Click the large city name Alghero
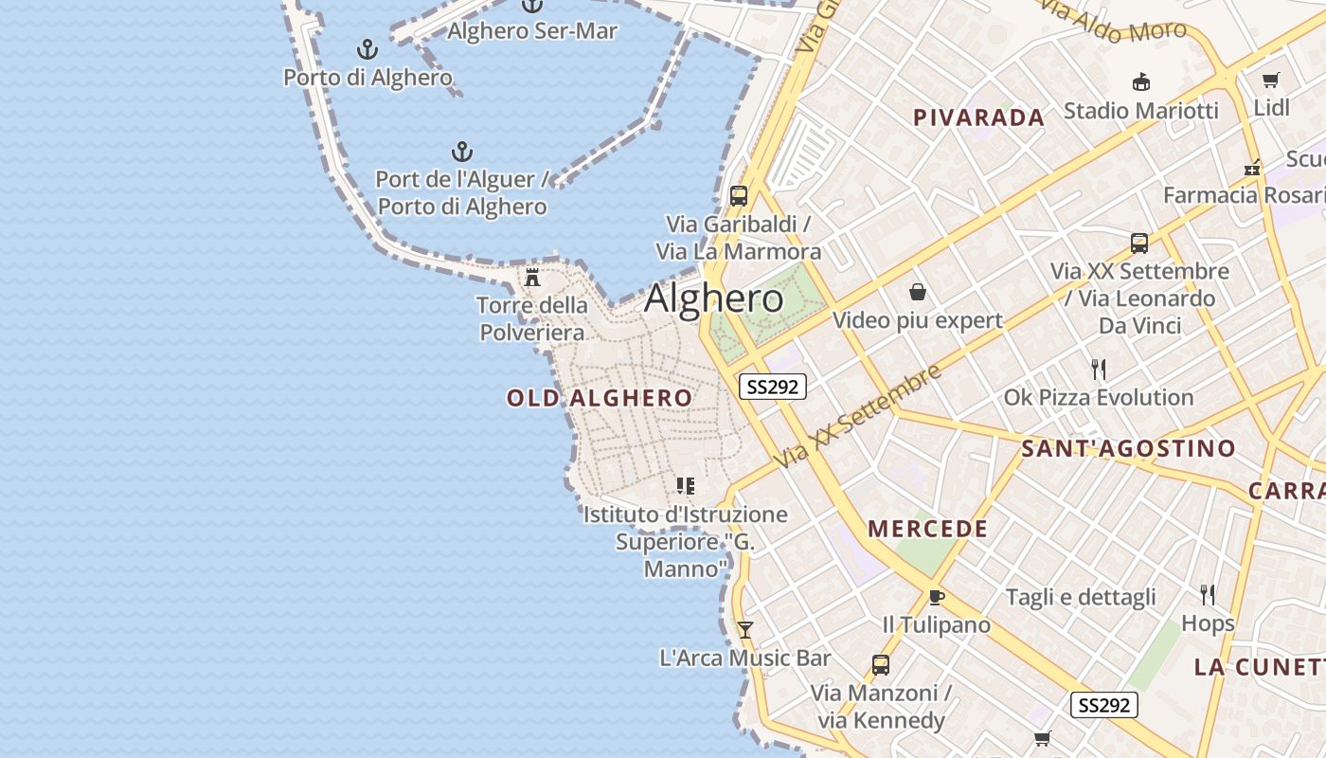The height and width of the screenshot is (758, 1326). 714,299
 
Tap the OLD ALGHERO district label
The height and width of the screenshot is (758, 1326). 600,398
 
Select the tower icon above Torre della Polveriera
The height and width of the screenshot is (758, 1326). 532,278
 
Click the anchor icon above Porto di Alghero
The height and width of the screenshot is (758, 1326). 367,49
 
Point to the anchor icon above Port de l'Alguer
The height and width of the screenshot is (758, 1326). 461,152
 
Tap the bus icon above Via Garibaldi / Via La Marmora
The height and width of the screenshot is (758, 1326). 739,196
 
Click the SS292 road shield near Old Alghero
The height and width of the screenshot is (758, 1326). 772,387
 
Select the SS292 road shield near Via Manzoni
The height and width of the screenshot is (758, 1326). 1104,705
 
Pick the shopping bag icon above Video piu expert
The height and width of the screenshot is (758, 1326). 917,291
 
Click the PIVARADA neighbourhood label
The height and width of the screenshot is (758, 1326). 979,117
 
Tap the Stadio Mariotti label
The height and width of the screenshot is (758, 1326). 1140,111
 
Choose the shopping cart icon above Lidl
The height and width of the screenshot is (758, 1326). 1270,81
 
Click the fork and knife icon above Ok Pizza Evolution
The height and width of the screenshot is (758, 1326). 1099,369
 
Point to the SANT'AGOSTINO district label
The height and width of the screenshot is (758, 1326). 1128,448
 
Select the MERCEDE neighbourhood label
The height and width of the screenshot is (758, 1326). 928,529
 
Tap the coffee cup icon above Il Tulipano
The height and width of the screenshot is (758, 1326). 936,596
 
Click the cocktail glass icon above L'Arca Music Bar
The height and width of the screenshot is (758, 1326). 745,629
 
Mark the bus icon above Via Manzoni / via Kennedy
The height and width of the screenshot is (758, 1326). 880,664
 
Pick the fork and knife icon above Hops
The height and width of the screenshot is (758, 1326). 1208,595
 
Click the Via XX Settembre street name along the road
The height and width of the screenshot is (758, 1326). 858,415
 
